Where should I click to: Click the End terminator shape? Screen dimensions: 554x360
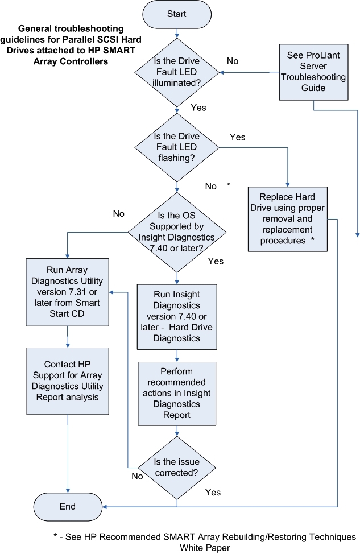pos(69,506)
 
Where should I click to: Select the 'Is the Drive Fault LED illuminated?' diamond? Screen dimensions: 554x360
pos(177,72)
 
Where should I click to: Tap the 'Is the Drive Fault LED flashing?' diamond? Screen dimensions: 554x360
pos(177,148)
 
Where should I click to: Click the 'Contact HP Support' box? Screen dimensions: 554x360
pos(68,381)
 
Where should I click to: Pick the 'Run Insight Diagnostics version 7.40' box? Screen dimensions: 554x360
pos(177,317)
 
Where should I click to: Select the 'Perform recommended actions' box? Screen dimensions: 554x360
pos(177,392)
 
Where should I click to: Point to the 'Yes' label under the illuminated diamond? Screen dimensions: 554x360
pos(198,107)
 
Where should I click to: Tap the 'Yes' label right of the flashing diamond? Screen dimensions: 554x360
pos(237,137)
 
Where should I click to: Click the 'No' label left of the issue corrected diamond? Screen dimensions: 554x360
pos(137,476)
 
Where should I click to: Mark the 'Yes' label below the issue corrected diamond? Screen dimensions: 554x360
pos(212,491)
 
